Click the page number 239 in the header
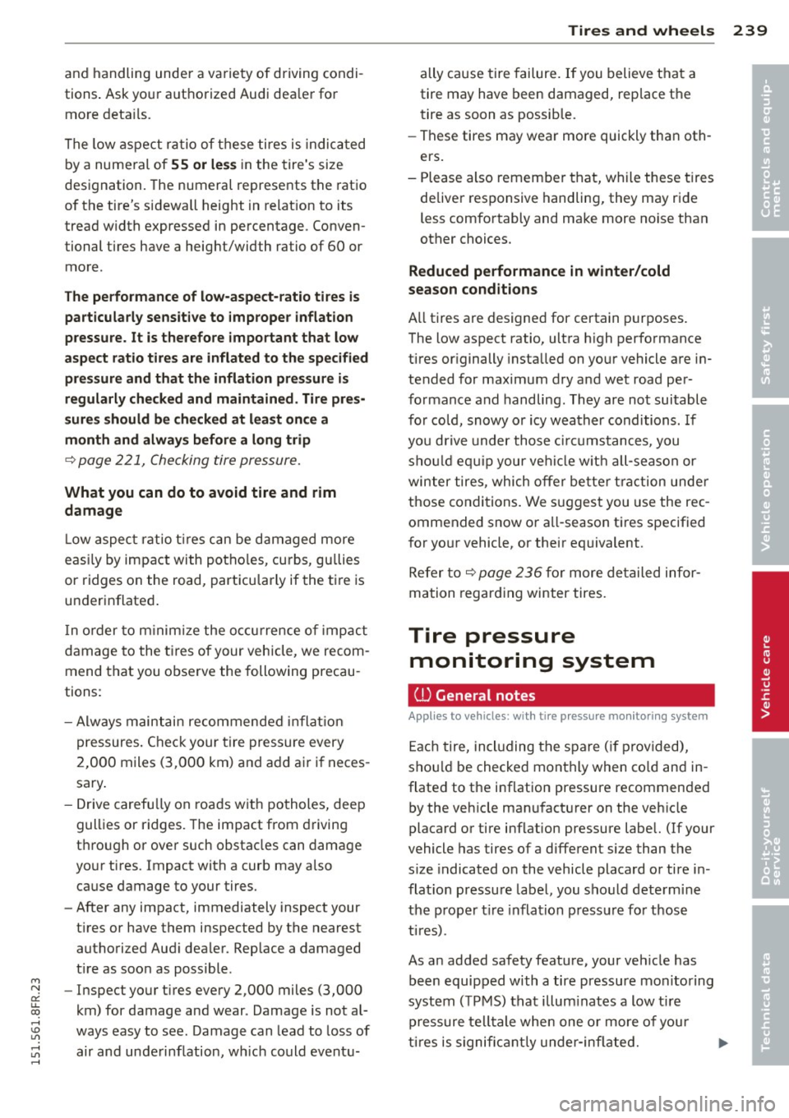[750, 30]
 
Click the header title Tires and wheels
[640, 30]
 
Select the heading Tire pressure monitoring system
[532, 648]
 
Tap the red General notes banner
[561, 695]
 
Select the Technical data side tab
[769, 984]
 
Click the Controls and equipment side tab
[769, 148]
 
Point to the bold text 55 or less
[204, 164]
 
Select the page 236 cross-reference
[510, 573]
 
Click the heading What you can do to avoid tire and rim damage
[200, 501]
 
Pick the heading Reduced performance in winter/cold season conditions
[538, 280]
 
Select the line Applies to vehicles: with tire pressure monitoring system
[557, 716]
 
